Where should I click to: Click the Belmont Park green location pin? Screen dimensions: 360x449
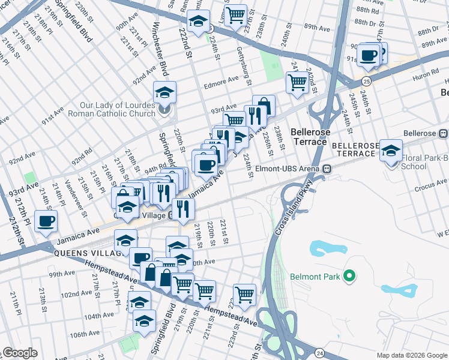tap(348, 277)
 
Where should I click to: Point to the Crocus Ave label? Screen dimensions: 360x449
tap(432, 182)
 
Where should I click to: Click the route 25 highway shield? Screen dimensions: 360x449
tap(366, 80)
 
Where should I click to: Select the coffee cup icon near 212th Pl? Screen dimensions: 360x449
tap(46, 221)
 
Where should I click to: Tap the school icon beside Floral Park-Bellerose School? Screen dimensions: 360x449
tap(391, 152)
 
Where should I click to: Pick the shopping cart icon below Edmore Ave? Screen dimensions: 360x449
tap(297, 83)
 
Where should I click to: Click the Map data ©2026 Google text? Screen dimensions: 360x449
tap(411, 355)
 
